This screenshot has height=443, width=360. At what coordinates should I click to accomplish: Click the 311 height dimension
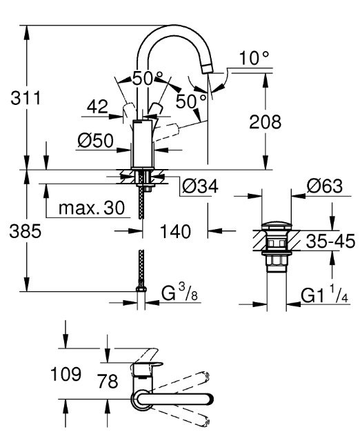[26, 98]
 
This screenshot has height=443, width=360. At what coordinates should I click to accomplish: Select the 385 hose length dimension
[26, 231]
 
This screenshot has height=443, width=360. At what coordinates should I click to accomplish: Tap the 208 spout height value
[265, 122]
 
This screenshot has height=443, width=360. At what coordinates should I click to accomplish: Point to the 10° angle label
[254, 58]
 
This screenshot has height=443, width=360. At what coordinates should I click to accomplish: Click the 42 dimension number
[97, 106]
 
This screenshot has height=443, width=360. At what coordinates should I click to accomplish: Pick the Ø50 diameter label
[95, 140]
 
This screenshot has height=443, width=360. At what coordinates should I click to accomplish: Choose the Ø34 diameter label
[200, 186]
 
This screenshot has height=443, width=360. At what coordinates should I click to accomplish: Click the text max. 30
[92, 208]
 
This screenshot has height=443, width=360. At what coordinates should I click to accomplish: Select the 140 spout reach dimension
[175, 231]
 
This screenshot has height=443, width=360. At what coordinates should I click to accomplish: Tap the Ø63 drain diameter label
[325, 186]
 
